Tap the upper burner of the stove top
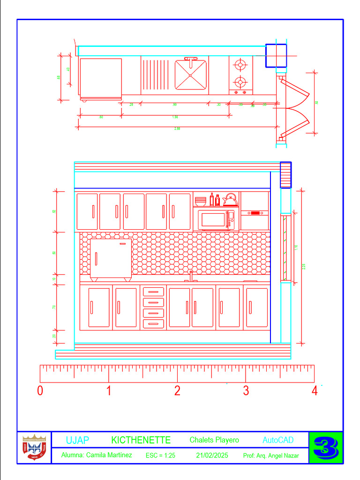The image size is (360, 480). (240, 64)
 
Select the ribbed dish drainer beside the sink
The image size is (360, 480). (155, 74)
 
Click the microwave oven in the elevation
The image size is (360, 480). (216, 219)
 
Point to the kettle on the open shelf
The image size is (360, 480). (230, 200)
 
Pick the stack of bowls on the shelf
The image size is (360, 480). (201, 202)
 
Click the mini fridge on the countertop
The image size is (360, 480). (111, 258)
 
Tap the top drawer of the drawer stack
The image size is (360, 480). (153, 291)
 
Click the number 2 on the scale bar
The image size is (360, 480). (177, 390)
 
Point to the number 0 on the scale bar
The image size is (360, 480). (40, 390)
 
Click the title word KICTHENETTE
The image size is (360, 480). (141, 440)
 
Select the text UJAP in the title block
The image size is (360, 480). (77, 440)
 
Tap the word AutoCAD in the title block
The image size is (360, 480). (278, 440)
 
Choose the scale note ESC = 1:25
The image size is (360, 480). (160, 455)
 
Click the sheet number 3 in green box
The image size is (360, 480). (326, 448)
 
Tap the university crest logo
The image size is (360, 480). (34, 448)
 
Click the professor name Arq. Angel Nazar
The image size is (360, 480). (277, 456)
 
